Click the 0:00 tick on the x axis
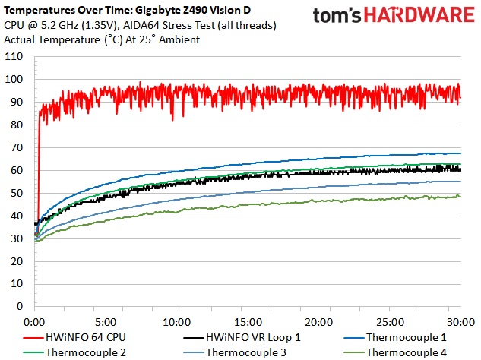click(x=36, y=321)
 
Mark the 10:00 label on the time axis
click(x=177, y=321)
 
